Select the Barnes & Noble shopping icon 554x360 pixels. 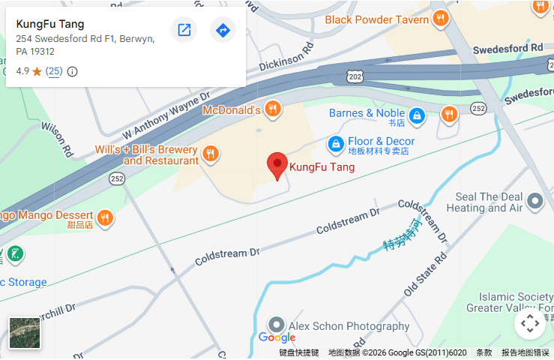(x=418, y=115)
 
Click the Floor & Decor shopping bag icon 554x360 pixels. (x=337, y=142)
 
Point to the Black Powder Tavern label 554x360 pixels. (x=377, y=19)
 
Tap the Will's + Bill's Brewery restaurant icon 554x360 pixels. (x=210, y=153)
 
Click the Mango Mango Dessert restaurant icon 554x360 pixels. (x=105, y=217)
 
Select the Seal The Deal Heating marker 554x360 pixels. (x=535, y=201)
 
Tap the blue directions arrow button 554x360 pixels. (x=223, y=30)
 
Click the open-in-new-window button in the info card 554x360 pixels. (x=184, y=30)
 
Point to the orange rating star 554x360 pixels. (x=37, y=72)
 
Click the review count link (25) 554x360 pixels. (x=54, y=71)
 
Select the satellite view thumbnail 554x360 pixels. (x=25, y=332)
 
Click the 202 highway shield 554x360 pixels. (x=355, y=76)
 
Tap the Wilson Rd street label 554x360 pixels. (x=56, y=139)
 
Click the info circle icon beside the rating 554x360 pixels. (x=73, y=72)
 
